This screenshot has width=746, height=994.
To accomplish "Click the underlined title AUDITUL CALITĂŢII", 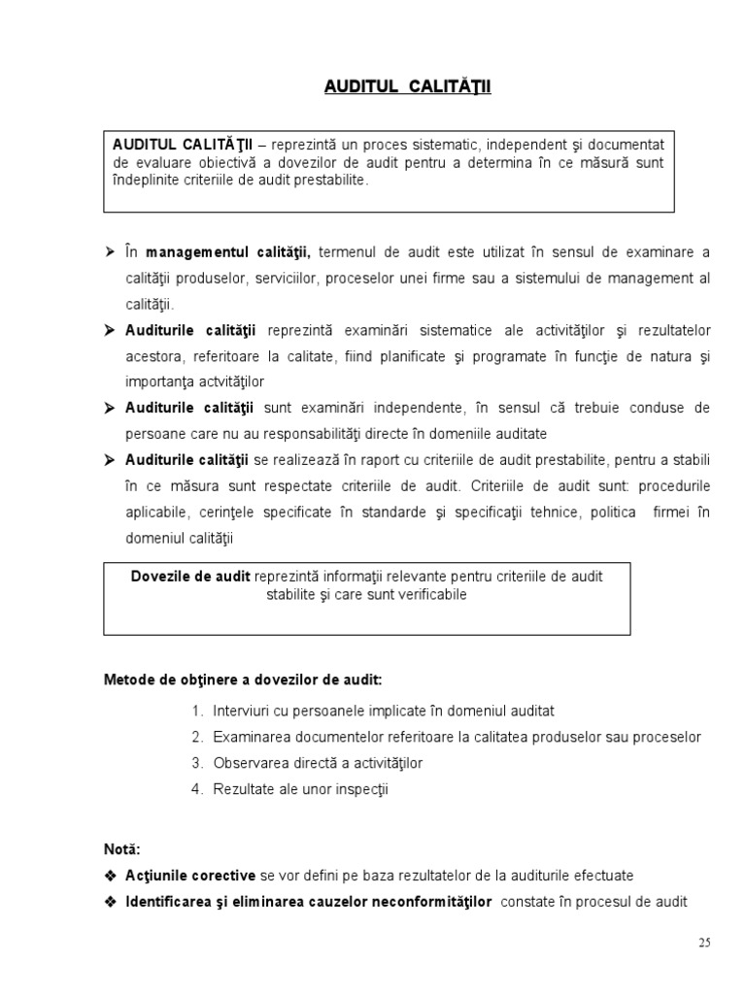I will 408,87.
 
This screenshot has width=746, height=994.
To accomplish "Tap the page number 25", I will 705,942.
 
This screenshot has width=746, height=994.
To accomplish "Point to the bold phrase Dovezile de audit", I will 191,576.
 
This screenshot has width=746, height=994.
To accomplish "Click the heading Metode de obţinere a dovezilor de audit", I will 243,679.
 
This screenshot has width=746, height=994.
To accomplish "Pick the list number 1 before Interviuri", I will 196,711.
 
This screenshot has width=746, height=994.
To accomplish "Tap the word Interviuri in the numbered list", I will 244,711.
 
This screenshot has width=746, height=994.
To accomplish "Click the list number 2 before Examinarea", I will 196,737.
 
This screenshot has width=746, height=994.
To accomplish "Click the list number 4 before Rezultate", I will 196,789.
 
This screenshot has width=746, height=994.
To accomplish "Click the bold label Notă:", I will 122,848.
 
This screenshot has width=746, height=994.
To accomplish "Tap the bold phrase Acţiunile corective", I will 190,875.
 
